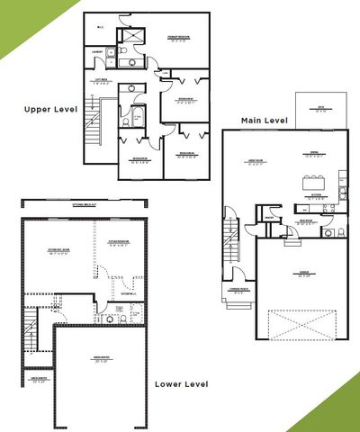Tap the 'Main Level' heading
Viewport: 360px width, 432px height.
tap(262, 120)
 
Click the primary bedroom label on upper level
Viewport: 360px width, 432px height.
tap(182, 40)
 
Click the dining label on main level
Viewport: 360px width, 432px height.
tap(314, 153)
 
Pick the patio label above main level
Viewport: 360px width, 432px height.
tap(319, 111)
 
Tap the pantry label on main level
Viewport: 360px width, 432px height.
tap(268, 215)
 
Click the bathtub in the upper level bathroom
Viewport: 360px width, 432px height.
tap(138, 117)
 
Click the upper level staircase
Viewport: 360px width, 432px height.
tap(90, 130)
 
